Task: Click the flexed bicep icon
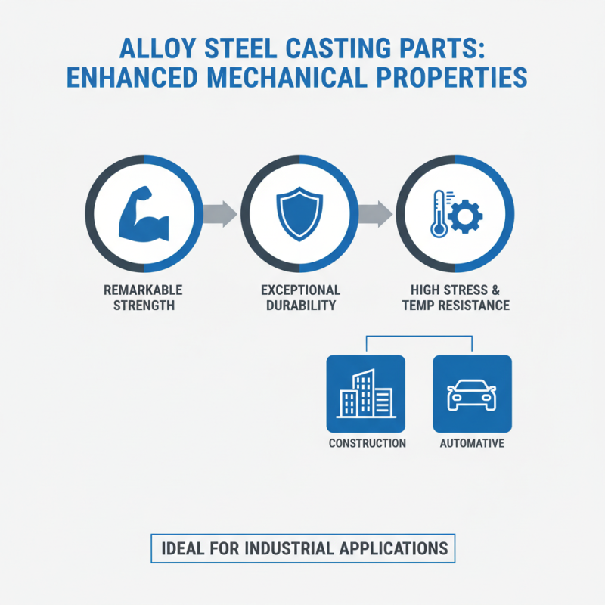(x=144, y=214)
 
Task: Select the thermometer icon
(x=438, y=214)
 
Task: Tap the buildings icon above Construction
(x=366, y=393)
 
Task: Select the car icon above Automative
(x=472, y=393)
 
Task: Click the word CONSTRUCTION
(x=367, y=443)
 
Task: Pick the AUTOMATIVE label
(x=472, y=443)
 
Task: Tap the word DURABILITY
(x=300, y=306)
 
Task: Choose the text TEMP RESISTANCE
(x=456, y=306)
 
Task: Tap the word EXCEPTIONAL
(x=300, y=290)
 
